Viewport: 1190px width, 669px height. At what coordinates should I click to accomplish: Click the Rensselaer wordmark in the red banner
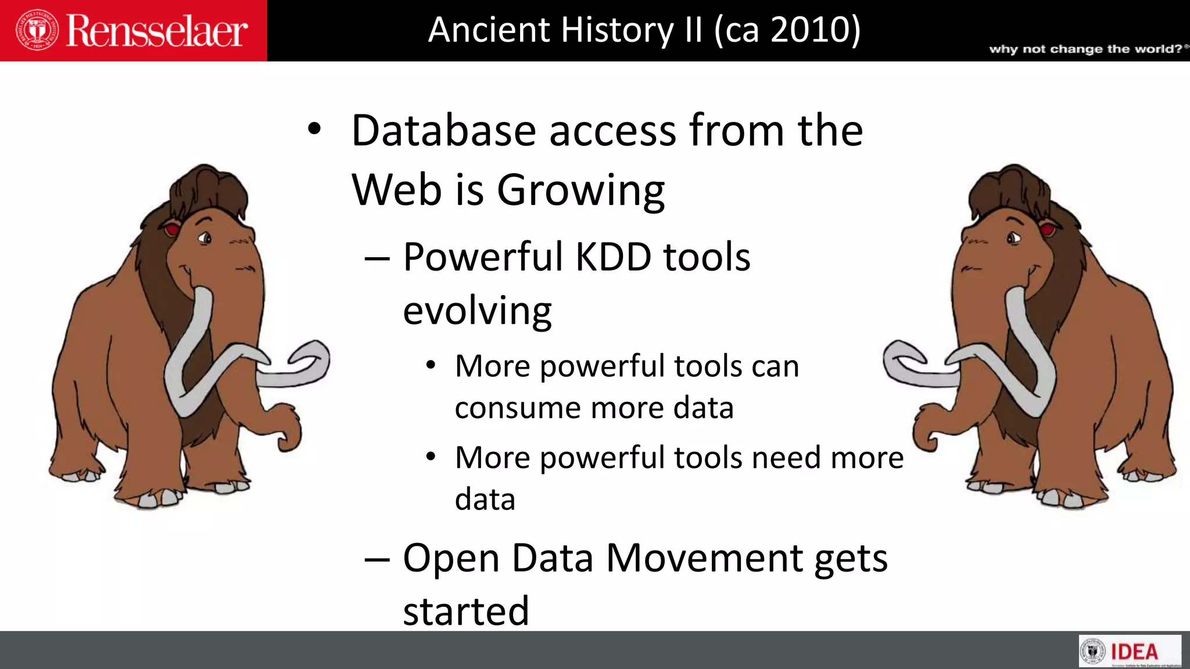157,31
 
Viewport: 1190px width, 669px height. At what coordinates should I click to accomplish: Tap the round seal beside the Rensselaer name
38,30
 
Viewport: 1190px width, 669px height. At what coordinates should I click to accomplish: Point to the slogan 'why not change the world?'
1085,49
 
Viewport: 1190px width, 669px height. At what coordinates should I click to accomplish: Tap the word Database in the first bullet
443,131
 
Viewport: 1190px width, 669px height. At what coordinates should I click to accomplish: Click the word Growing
580,191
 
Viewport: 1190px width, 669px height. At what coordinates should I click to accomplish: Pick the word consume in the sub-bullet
517,408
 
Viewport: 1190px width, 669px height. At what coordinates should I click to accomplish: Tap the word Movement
704,559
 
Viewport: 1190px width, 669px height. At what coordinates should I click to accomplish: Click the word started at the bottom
466,612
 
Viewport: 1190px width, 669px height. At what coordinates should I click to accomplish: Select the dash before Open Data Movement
377,559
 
